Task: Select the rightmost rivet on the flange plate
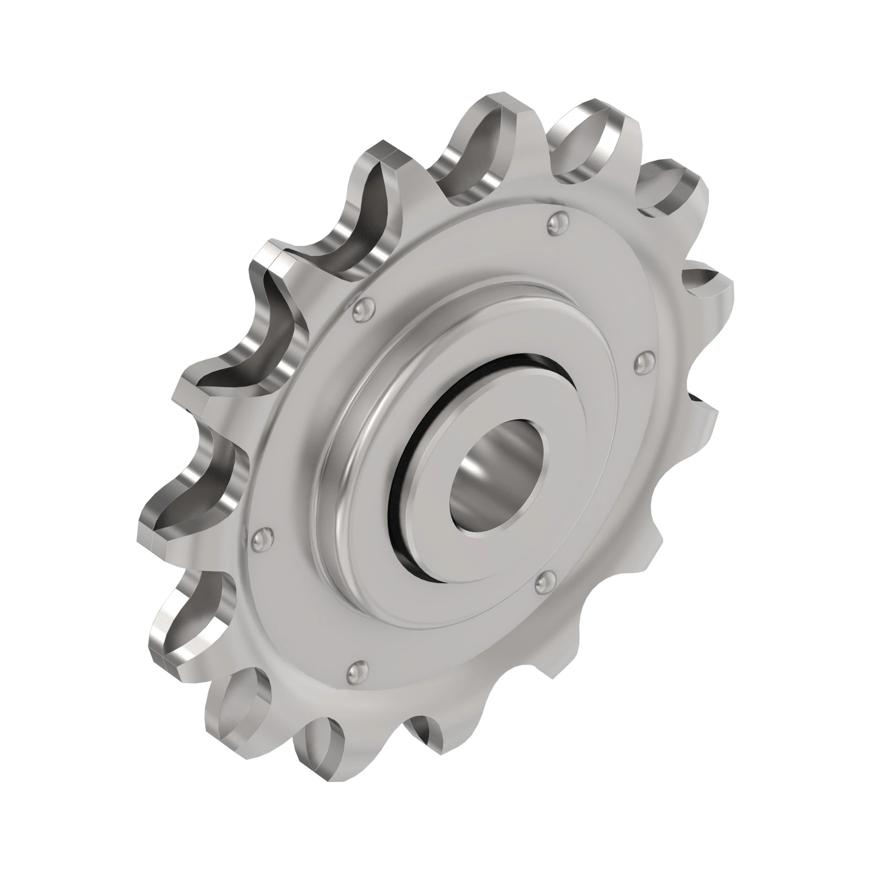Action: [x=643, y=362]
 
